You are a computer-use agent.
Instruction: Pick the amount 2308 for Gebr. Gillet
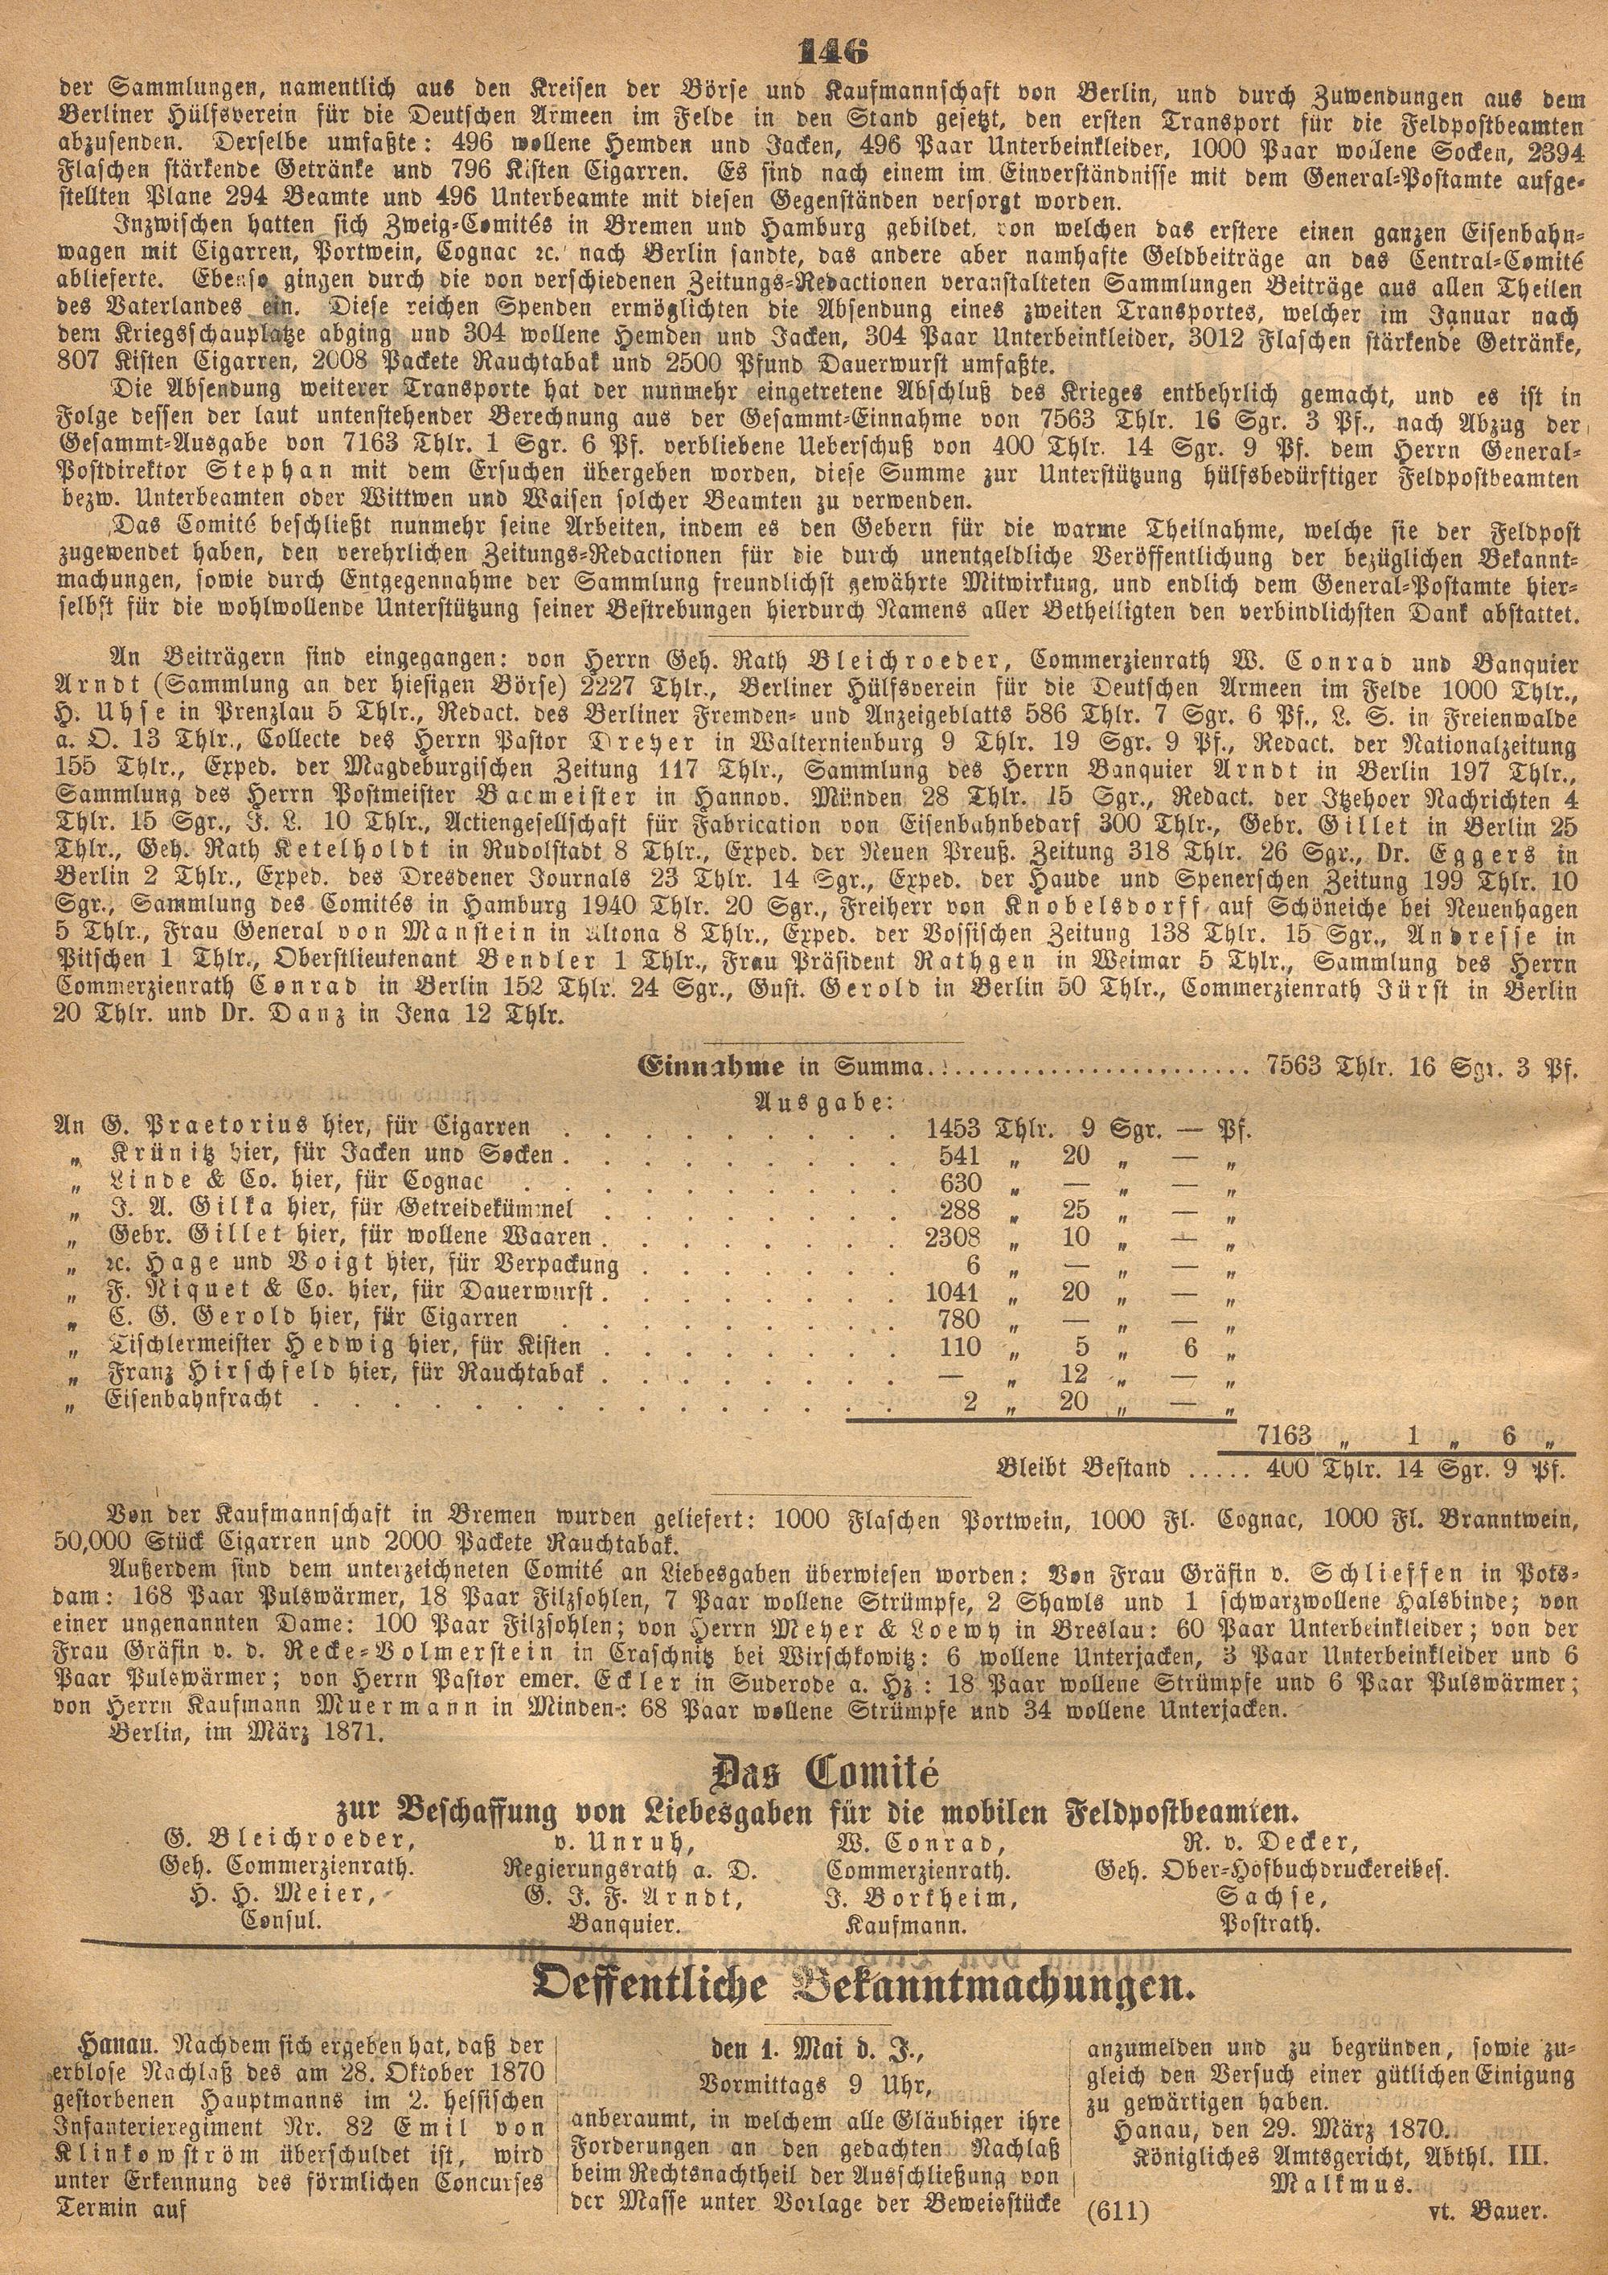952,1236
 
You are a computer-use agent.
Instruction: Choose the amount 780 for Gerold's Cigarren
958,1320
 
